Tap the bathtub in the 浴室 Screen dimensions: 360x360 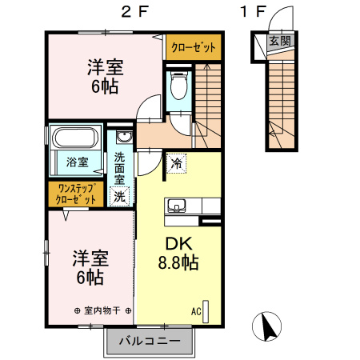(x=75, y=138)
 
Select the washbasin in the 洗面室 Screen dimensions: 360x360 (x=124, y=138)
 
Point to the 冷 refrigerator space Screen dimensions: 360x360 (x=176, y=163)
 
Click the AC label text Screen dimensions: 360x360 (x=196, y=311)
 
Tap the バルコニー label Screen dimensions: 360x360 (x=150, y=341)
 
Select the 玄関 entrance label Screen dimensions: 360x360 (x=279, y=41)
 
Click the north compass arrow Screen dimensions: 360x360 (x=267, y=327)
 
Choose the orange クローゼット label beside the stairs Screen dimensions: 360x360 (x=194, y=47)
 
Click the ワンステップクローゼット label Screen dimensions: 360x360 (x=76, y=194)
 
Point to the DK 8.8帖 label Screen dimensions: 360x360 (x=178, y=253)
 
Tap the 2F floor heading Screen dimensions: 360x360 (x=134, y=12)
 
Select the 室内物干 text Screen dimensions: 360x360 (x=102, y=310)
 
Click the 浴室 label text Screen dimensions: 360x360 (x=77, y=162)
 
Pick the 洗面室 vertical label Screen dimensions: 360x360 (x=119, y=168)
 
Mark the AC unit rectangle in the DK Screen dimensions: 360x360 (x=206, y=311)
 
